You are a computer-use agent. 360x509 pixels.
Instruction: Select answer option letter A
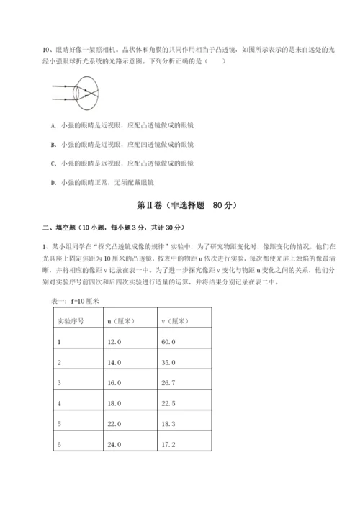54,125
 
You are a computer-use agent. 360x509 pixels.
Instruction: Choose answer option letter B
54,144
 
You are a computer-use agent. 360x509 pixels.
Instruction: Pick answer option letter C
54,163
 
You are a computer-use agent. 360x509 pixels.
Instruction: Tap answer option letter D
54,183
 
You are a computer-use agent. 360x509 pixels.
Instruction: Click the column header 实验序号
71,321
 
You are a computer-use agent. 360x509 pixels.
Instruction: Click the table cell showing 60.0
170,342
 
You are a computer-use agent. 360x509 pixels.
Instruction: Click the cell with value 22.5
170,404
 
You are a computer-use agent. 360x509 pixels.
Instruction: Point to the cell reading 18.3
170,425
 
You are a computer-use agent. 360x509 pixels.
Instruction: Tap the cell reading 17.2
170,445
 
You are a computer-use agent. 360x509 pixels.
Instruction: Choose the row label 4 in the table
58,404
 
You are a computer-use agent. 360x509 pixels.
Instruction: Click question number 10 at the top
45,50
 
